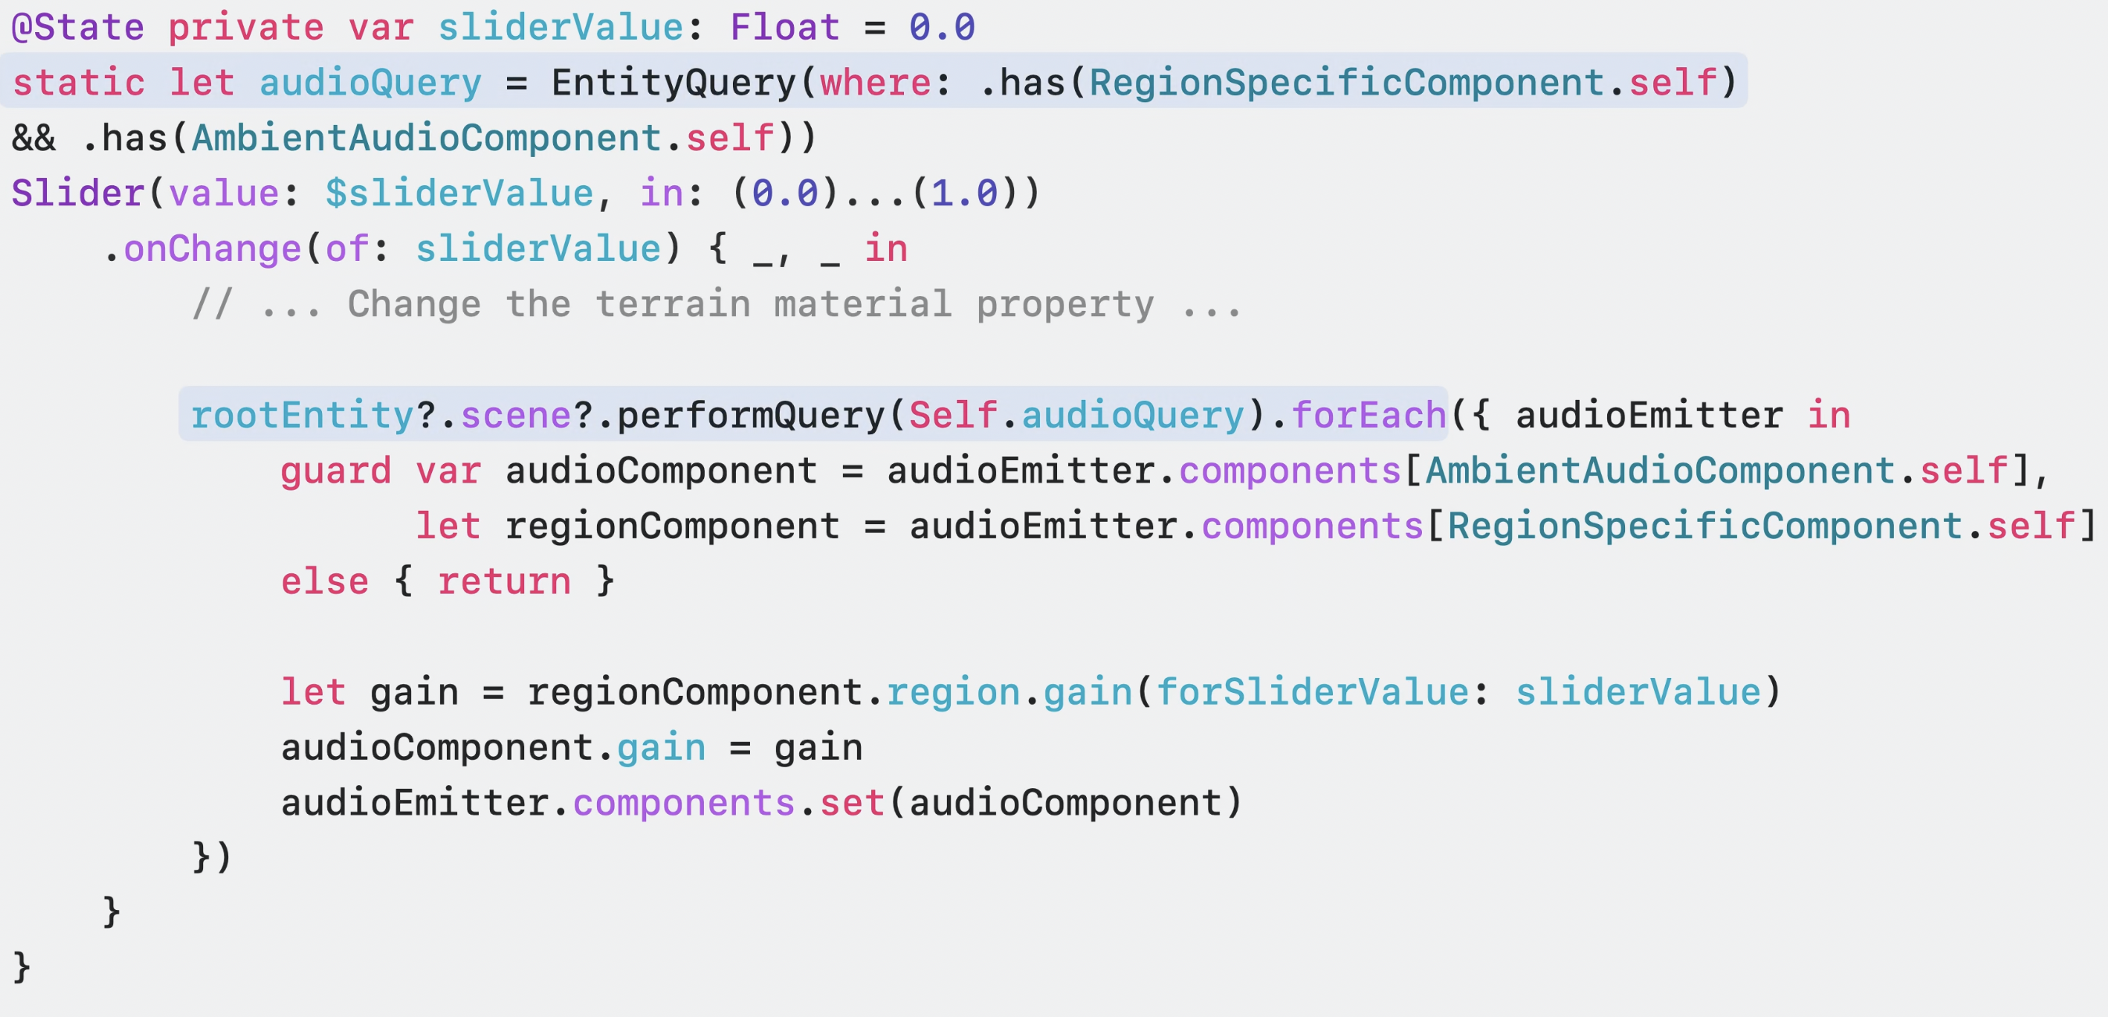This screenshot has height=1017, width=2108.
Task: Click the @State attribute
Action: (x=77, y=28)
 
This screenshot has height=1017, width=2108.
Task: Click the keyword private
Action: (x=245, y=28)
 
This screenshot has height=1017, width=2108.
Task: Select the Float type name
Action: (x=784, y=28)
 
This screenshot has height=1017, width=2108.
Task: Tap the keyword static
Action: (x=79, y=83)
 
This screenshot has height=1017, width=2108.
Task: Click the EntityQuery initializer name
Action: (x=673, y=83)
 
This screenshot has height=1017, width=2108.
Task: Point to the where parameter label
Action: (x=875, y=83)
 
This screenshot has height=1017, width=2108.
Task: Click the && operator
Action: (x=34, y=138)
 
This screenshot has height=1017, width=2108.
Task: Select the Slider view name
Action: (x=77, y=194)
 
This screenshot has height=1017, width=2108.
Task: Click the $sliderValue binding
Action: (x=459, y=194)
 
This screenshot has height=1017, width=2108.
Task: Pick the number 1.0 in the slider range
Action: (x=964, y=194)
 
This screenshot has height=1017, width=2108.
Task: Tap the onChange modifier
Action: (x=212, y=248)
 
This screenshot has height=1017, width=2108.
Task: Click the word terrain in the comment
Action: (x=673, y=305)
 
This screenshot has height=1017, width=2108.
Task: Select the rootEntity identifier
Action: (x=302, y=416)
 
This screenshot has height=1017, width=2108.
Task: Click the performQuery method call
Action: (x=750, y=416)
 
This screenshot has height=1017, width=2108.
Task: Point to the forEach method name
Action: (x=1368, y=416)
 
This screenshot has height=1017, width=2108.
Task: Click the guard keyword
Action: (x=335, y=471)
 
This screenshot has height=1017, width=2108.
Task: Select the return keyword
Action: (x=503, y=582)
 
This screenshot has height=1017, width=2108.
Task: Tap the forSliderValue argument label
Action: (x=1312, y=692)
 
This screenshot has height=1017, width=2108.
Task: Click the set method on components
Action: (x=852, y=804)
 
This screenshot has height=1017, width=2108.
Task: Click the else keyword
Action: (x=324, y=582)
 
